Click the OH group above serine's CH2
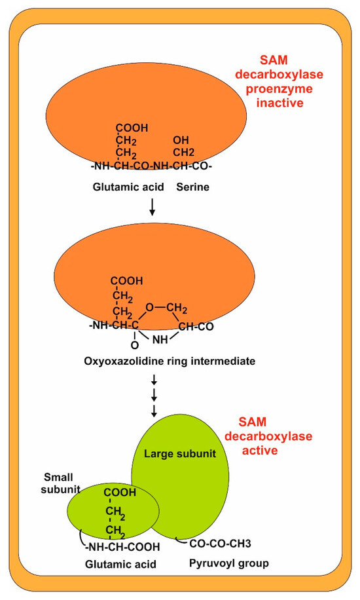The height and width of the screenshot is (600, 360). (x=181, y=140)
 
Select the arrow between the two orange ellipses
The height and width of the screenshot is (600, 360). (x=152, y=207)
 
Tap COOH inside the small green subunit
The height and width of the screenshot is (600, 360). (x=119, y=493)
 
